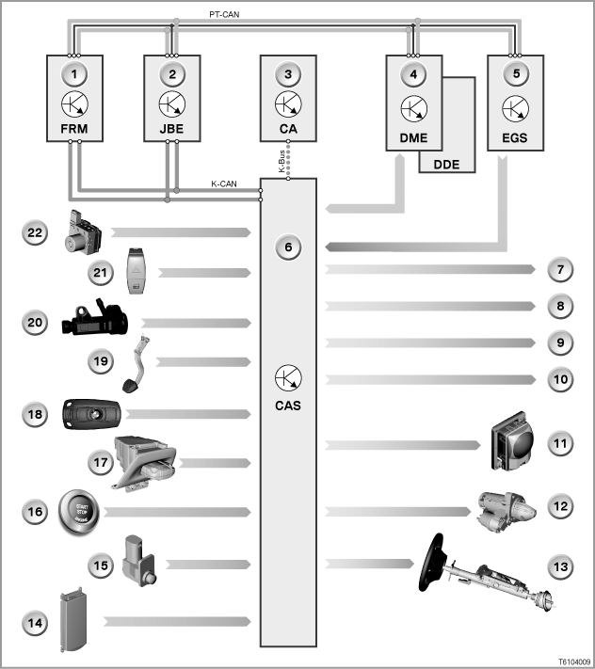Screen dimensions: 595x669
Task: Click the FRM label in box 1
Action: [x=74, y=129]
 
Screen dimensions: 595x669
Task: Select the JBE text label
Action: [x=171, y=129]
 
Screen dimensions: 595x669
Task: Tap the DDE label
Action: [x=446, y=165]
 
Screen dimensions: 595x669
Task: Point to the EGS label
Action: [x=515, y=137]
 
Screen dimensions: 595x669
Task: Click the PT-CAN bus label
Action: [x=224, y=14]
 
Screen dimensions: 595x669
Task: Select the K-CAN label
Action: [x=224, y=183]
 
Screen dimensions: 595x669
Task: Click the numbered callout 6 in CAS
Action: [x=288, y=247]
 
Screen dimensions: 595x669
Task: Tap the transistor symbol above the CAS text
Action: [x=288, y=377]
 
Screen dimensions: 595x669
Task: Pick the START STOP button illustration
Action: [x=79, y=512]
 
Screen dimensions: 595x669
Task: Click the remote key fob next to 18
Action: [x=91, y=414]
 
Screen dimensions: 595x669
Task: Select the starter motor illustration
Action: [x=507, y=511]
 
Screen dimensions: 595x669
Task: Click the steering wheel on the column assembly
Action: [x=432, y=563]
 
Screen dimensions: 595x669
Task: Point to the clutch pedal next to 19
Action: [x=136, y=364]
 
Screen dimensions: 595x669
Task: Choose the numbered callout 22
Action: [x=35, y=232]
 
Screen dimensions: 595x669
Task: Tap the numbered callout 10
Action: [x=560, y=379]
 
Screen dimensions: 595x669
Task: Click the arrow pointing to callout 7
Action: [x=430, y=269]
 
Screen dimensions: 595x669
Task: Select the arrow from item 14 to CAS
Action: [x=177, y=622]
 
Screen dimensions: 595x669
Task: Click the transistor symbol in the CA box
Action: [x=288, y=104]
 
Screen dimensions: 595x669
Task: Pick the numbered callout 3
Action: [x=288, y=74]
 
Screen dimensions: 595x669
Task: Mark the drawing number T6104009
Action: [x=574, y=661]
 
